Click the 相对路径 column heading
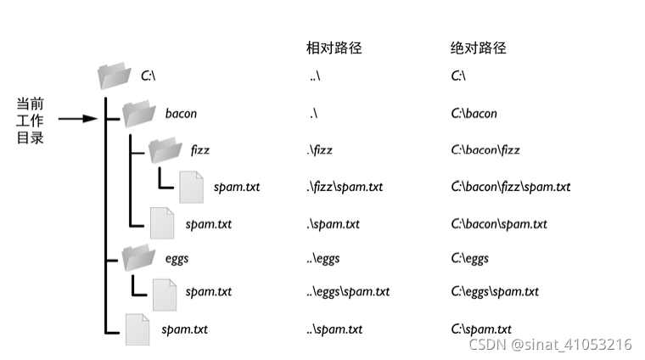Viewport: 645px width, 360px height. (x=334, y=48)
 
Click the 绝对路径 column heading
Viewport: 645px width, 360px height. (x=478, y=48)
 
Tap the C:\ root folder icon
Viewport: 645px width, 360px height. (x=114, y=76)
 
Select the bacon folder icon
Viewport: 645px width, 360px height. (x=137, y=113)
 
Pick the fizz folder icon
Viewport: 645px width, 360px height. (x=165, y=150)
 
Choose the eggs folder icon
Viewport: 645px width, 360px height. (x=137, y=258)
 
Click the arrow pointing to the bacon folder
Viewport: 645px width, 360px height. (x=77, y=119)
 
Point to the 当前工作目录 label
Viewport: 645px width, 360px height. (x=30, y=120)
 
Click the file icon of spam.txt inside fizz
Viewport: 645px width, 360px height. (x=191, y=187)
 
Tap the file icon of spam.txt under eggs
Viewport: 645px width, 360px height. (x=164, y=292)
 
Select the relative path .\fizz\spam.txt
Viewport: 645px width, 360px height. (x=344, y=187)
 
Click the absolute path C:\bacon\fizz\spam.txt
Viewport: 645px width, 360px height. (x=510, y=187)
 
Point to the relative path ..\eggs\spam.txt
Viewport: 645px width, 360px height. (x=348, y=292)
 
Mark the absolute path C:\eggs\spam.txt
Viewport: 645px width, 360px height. (x=495, y=292)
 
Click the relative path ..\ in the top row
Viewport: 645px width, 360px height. (x=315, y=76)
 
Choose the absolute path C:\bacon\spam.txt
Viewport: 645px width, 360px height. (x=499, y=224)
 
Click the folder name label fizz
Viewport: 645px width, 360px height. (x=199, y=150)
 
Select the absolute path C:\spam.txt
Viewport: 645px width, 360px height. (x=481, y=329)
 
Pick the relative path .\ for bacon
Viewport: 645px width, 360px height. (x=313, y=113)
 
